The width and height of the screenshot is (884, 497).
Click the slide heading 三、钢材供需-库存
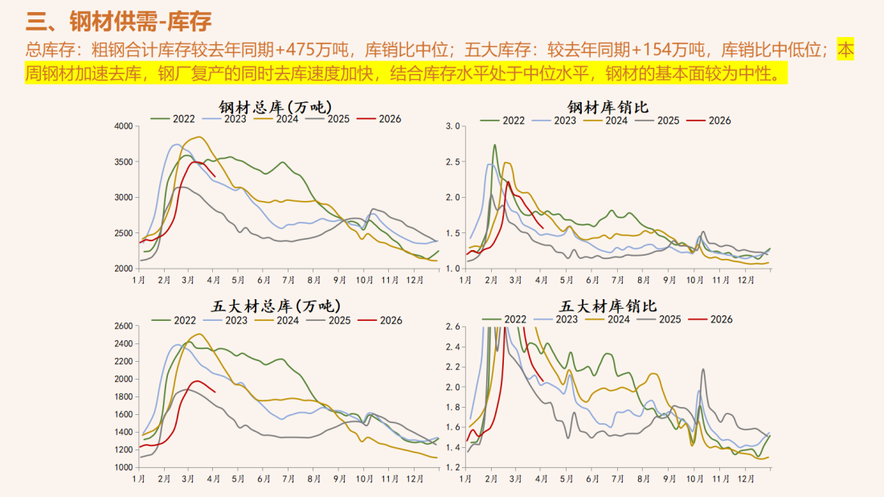[x=113, y=19]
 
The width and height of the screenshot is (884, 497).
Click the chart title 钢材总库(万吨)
[x=276, y=106]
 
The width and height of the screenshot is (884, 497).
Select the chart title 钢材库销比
[x=608, y=106]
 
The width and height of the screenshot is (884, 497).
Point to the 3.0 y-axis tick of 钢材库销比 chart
[x=452, y=126]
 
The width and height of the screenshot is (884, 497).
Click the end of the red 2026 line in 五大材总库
[x=215, y=392]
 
